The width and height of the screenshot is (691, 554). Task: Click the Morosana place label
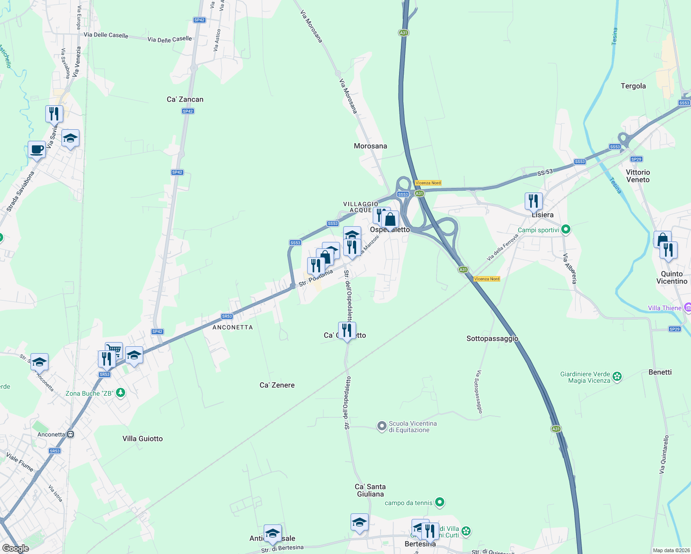tap(370, 146)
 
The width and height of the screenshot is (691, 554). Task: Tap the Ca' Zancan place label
tap(185, 99)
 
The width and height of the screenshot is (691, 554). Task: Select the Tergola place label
tap(633, 86)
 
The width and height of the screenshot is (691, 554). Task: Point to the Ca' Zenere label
tap(277, 385)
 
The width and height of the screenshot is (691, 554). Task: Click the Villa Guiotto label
tap(142, 439)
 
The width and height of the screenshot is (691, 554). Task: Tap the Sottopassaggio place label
tap(492, 338)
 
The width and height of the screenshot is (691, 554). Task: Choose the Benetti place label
tap(660, 372)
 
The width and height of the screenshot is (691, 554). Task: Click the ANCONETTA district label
tap(232, 327)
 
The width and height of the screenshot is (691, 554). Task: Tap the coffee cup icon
tap(37, 150)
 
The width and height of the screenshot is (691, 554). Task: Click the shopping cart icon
tap(114, 349)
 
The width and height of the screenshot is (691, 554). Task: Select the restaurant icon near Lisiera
tap(533, 201)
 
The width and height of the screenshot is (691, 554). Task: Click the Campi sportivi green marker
tap(566, 229)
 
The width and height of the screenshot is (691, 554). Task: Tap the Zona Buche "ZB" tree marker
tap(121, 393)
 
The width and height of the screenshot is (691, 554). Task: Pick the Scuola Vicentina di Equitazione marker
tap(382, 426)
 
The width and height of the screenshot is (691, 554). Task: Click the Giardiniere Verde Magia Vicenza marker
tap(617, 377)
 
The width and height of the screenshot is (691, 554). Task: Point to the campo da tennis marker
tap(440, 502)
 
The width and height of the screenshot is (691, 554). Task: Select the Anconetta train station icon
tap(71, 434)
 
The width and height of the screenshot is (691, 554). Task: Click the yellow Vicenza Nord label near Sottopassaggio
tap(487, 279)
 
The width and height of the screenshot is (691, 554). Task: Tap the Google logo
tap(15, 548)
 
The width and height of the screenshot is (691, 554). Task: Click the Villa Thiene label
tap(665, 308)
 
